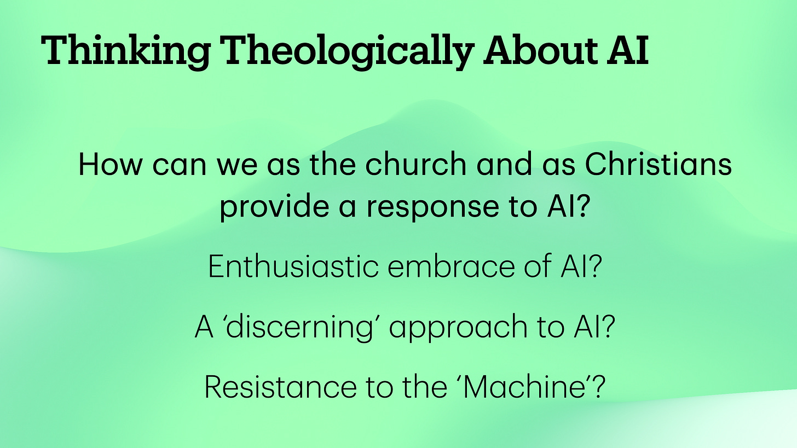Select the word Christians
pos(659,165)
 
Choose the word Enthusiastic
pos(293,267)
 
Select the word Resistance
pos(279,387)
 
